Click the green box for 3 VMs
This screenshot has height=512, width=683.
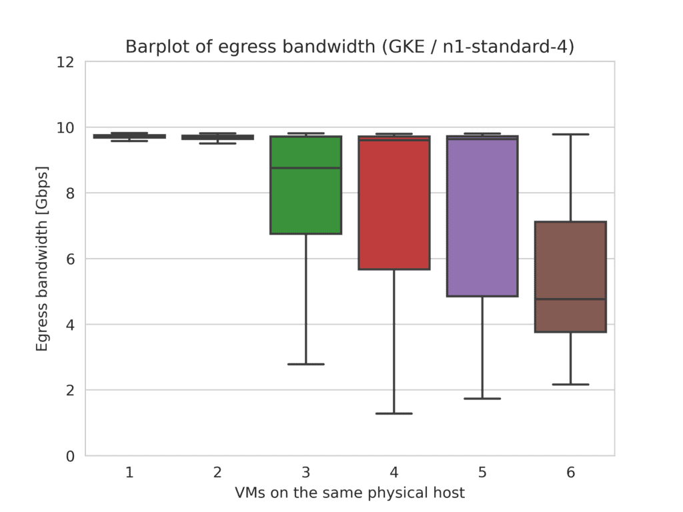pyautogui.click(x=305, y=200)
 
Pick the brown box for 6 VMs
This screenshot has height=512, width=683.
pyautogui.click(x=571, y=267)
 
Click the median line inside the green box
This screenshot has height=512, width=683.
pyautogui.click(x=305, y=168)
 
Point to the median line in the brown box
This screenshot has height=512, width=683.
pyautogui.click(x=571, y=299)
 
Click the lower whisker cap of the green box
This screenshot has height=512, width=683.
pyautogui.click(x=305, y=364)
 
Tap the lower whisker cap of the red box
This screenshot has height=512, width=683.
pyautogui.click(x=394, y=413)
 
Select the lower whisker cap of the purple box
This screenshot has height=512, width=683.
pyautogui.click(x=482, y=399)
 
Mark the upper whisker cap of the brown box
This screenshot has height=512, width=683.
pyautogui.click(x=571, y=134)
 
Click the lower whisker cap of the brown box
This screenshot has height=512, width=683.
pyautogui.click(x=571, y=385)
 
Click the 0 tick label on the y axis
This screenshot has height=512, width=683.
pyautogui.click(x=70, y=456)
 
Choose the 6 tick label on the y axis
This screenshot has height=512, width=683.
pyautogui.click(x=70, y=259)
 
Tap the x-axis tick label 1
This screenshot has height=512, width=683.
pyautogui.click(x=129, y=473)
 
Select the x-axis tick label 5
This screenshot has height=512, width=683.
pyautogui.click(x=482, y=473)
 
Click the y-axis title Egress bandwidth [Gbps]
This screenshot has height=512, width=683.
pyautogui.click(x=43, y=259)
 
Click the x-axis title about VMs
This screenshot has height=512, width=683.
pyautogui.click(x=350, y=493)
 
